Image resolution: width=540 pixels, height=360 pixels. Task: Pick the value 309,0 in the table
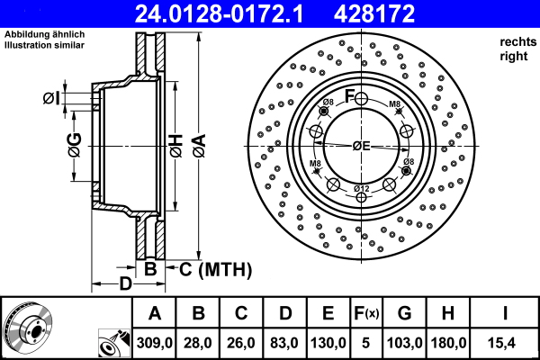pyautogui.click(x=156, y=343)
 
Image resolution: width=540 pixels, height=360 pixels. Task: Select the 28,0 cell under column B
pyautogui.click(x=199, y=343)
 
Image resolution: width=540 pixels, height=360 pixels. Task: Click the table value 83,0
pyautogui.click(x=284, y=343)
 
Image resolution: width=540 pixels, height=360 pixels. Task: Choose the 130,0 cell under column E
pyautogui.click(x=328, y=343)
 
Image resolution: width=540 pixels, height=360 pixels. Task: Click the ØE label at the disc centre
pyautogui.click(x=361, y=146)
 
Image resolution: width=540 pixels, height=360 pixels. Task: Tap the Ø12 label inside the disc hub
pyautogui.click(x=361, y=187)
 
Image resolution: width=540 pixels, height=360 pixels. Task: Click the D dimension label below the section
pyautogui.click(x=126, y=283)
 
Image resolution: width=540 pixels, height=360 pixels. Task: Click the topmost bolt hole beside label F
pyautogui.click(x=361, y=98)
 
